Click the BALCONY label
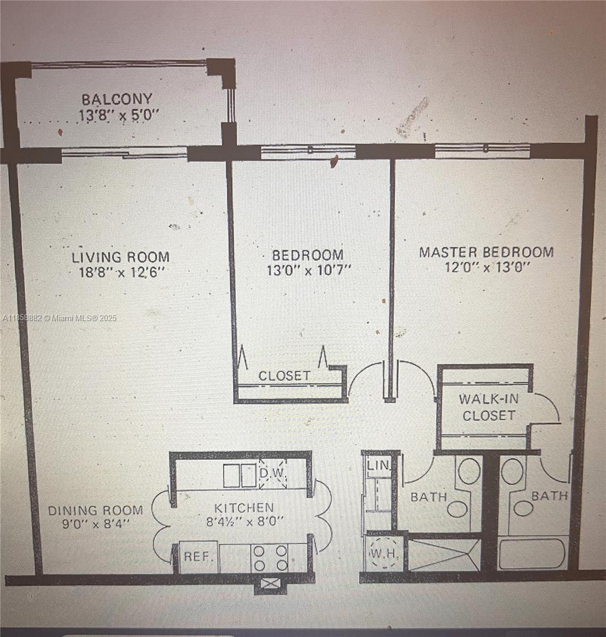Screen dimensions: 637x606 tap(117, 99)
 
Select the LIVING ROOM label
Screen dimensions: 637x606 tap(121, 257)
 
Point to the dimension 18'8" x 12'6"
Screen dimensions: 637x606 tap(120, 273)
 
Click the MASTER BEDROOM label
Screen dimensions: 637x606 tap(486, 252)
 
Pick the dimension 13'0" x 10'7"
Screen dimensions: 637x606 tap(309, 270)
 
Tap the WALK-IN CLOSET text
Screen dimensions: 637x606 tap(488, 407)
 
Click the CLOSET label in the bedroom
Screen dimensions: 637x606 tap(284, 376)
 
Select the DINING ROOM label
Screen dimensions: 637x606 tap(95, 511)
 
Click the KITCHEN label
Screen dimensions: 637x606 tap(244, 508)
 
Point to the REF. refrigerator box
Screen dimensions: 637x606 tap(199, 557)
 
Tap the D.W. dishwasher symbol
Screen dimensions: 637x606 tap(273, 474)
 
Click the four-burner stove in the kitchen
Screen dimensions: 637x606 tap(270, 558)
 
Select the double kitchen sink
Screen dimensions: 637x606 tap(240, 476)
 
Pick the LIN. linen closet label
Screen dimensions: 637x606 tap(379, 466)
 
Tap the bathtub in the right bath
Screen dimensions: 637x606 tap(532, 554)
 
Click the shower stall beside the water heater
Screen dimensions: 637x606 tap(444, 555)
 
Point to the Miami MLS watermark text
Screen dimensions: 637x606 tap(58, 318)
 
